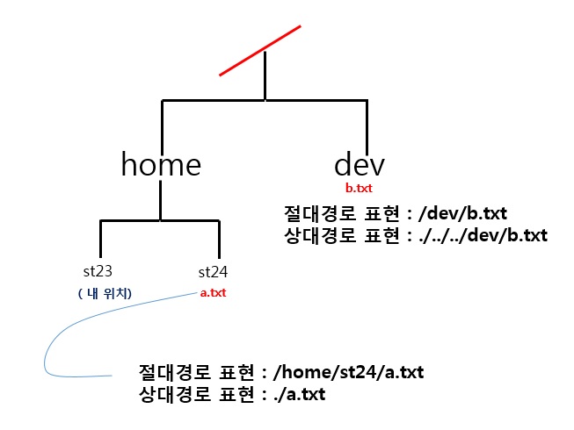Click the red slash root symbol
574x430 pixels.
click(x=260, y=50)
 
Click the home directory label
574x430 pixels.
click(x=161, y=164)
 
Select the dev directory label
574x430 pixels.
click(x=360, y=164)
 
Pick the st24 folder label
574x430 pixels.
click(x=214, y=271)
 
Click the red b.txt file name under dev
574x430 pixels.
click(x=360, y=189)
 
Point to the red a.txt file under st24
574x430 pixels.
click(x=214, y=293)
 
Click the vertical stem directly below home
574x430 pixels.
click(x=160, y=200)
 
